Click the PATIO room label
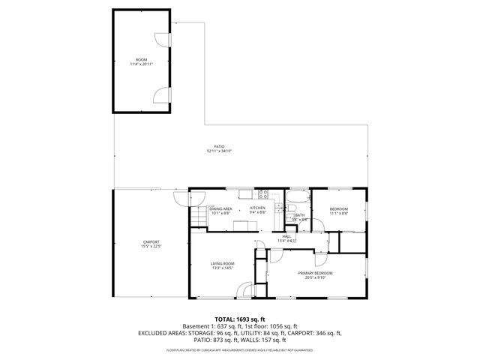click(x=220, y=146)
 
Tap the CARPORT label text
click(x=151, y=241)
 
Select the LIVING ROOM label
click(x=223, y=263)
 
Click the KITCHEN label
click(x=258, y=208)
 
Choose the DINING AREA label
click(x=220, y=208)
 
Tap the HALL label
click(x=287, y=236)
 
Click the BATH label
click(x=299, y=215)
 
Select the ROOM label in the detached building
click(x=141, y=59)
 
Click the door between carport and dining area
click(x=181, y=199)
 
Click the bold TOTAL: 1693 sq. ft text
click(x=239, y=319)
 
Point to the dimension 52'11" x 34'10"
click(x=220, y=151)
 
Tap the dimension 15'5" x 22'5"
click(x=151, y=246)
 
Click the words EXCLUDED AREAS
click(x=163, y=332)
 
